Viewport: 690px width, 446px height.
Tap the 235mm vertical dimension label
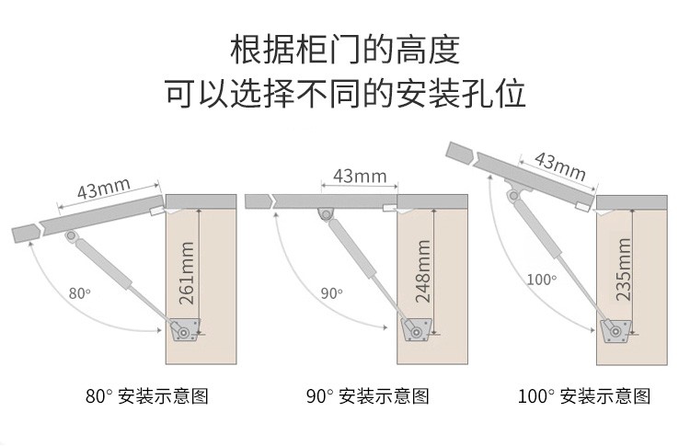pyautogui.click(x=624, y=269)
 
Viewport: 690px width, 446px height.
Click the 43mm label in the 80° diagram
pyautogui.click(x=102, y=189)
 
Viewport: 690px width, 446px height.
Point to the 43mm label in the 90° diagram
pyautogui.click(x=359, y=175)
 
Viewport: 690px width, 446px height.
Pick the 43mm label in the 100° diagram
pyautogui.click(x=559, y=166)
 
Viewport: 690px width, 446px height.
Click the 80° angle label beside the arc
pyautogui.click(x=80, y=293)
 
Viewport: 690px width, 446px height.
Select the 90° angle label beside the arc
pyautogui.click(x=331, y=293)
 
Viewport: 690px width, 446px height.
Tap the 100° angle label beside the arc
pyautogui.click(x=542, y=278)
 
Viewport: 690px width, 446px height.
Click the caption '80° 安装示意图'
pyautogui.click(x=147, y=397)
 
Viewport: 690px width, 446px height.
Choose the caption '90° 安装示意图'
pyautogui.click(x=367, y=397)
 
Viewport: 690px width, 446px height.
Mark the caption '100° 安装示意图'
pyautogui.click(x=583, y=397)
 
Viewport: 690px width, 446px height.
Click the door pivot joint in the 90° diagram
pyautogui.click(x=327, y=214)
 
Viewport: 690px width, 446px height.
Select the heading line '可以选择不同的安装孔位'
pyautogui.click(x=344, y=95)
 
